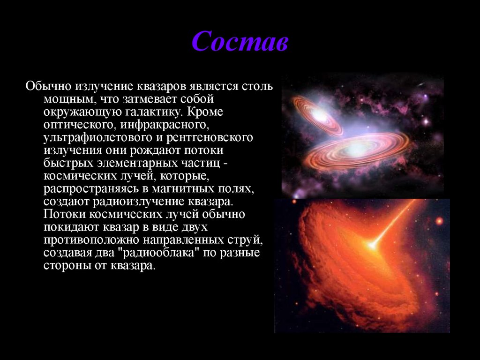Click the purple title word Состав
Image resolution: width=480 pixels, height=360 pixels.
tap(240, 41)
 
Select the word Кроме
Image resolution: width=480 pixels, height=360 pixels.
tap(205, 112)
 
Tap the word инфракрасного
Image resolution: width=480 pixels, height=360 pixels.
tap(165, 125)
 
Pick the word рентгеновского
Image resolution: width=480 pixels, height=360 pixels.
tap(210, 137)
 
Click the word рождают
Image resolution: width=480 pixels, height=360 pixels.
tap(156, 150)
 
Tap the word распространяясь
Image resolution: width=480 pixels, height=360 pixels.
tap(91, 189)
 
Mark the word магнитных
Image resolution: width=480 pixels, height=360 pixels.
tap(183, 188)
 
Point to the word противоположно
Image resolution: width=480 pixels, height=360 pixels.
tap(91, 240)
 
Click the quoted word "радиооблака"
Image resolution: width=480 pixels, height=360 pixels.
tap(156, 253)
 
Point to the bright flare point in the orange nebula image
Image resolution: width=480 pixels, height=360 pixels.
tap(372, 245)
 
